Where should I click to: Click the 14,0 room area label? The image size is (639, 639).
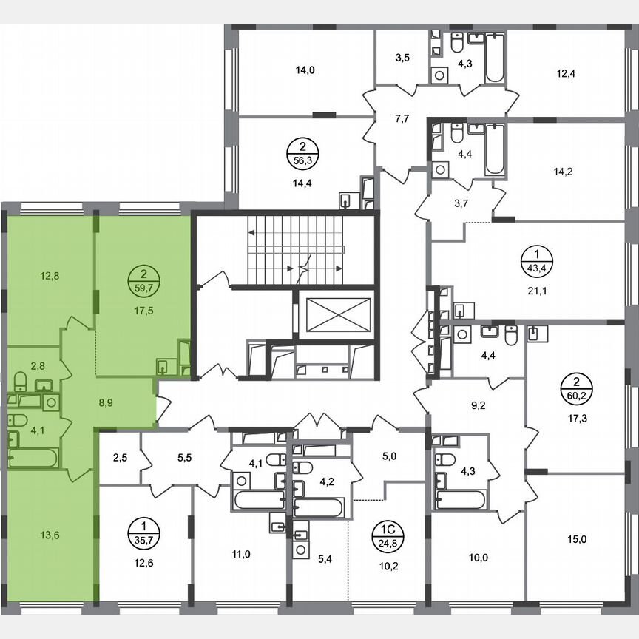305,71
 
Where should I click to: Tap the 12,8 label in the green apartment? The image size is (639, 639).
50,276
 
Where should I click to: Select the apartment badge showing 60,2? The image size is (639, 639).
574,388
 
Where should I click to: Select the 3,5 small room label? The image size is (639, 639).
402,56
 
